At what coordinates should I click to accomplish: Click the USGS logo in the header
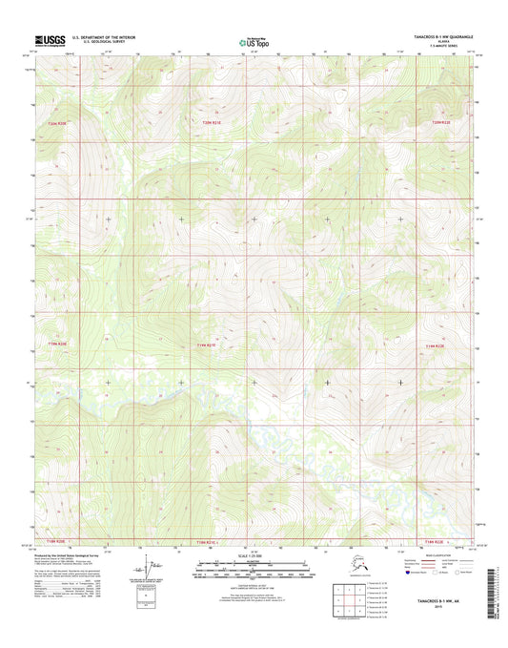point(47,40)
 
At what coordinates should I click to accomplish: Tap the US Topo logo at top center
point(253,41)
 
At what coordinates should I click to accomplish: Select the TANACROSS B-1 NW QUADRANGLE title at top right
point(435,36)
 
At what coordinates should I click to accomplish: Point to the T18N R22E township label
point(436,540)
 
